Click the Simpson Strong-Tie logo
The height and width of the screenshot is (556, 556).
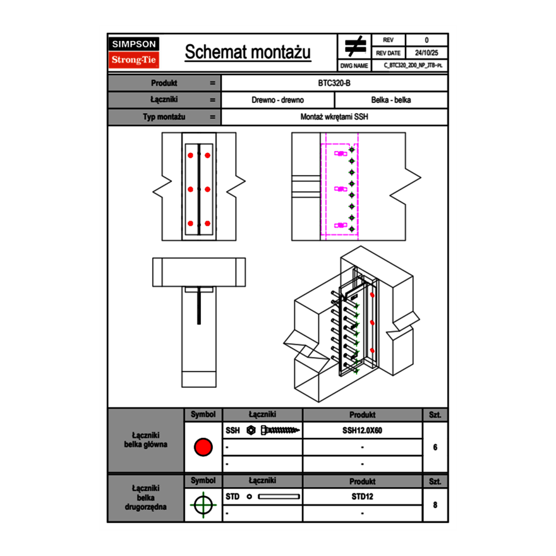click(x=135, y=52)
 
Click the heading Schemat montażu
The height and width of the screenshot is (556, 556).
click(x=248, y=52)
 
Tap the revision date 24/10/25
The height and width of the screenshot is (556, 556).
click(x=426, y=53)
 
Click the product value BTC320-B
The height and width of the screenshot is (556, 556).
click(x=334, y=83)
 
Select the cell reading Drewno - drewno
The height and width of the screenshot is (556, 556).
click(x=278, y=100)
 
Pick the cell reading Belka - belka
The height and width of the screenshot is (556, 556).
click(x=391, y=100)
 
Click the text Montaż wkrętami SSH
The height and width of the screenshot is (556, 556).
click(x=334, y=117)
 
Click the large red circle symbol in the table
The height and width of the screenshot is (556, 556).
click(x=203, y=447)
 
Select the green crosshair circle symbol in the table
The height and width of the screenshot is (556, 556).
click(x=203, y=505)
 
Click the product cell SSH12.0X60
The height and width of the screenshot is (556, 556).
click(x=362, y=430)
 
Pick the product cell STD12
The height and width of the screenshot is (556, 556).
click(x=362, y=497)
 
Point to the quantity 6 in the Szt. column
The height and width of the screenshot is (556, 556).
click(x=435, y=447)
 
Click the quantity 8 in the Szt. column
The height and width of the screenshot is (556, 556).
click(x=435, y=505)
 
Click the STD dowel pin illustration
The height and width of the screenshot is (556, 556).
click(x=279, y=497)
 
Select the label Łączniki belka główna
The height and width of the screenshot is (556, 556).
click(x=146, y=440)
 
